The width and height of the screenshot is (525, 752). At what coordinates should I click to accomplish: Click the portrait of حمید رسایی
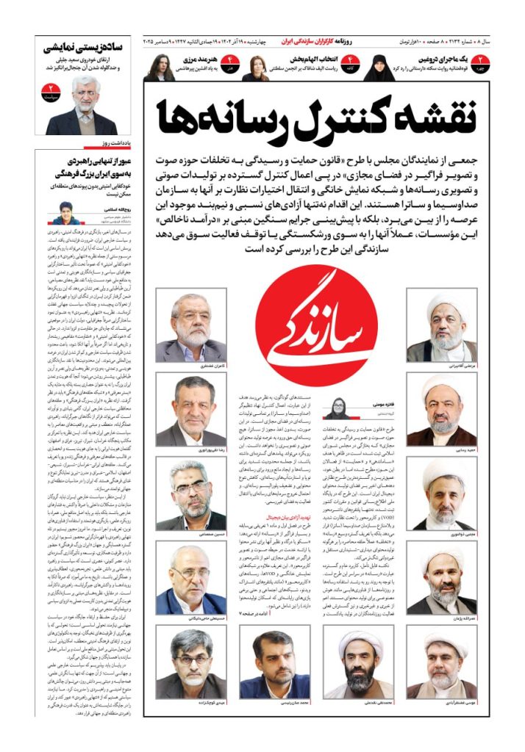(x=441, y=410)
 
